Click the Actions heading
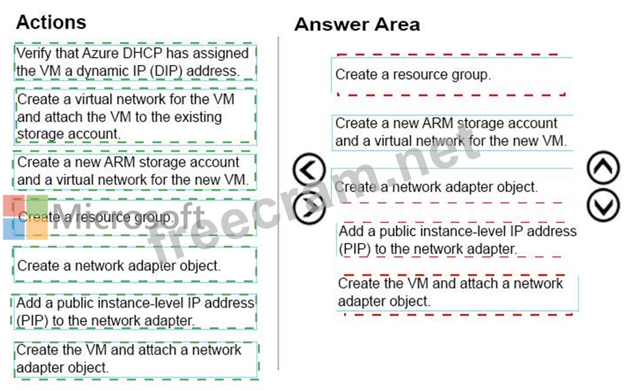51,22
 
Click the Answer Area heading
357,24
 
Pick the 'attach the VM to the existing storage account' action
134,116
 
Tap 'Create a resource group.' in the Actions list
134,217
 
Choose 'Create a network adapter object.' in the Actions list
134,265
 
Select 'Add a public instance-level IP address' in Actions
134,312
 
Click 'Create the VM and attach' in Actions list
134,359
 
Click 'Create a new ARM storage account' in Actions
134,171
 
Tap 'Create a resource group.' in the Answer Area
451,75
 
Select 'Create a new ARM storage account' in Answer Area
451,132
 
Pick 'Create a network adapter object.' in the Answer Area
451,187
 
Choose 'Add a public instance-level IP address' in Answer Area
457,240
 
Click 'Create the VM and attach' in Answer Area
457,292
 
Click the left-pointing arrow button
309,169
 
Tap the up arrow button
603,169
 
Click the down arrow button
603,204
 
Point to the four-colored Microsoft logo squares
25,217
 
